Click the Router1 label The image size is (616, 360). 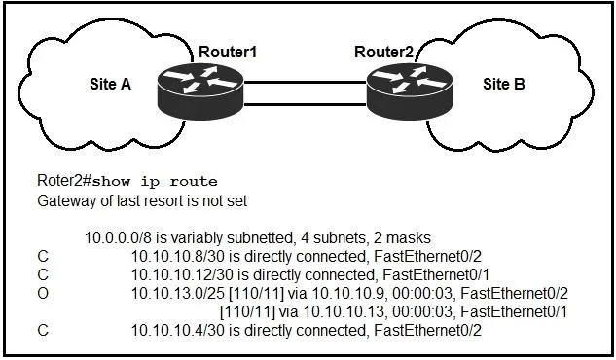228,52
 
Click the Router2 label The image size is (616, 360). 383,52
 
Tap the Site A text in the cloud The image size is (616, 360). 110,84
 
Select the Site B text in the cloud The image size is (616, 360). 504,84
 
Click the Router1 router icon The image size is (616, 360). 200,91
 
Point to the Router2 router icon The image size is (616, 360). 410,91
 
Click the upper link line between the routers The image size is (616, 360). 305,82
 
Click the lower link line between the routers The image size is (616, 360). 305,104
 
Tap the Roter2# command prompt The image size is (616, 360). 64,181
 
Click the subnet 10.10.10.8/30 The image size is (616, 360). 177,256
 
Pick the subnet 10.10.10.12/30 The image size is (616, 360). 182,274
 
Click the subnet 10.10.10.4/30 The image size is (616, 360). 177,330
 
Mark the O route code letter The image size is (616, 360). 43,293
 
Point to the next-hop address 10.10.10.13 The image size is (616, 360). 344,311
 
